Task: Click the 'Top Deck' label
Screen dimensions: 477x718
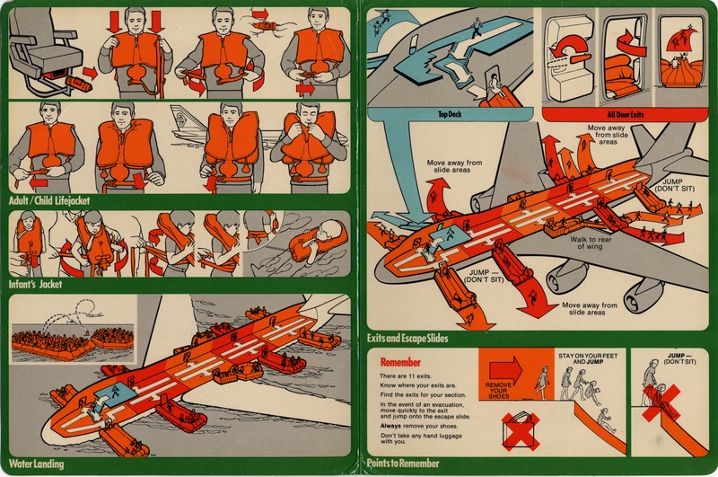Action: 455,114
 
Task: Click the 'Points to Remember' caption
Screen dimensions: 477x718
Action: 404,464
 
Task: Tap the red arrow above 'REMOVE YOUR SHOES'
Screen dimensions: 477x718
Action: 505,367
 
